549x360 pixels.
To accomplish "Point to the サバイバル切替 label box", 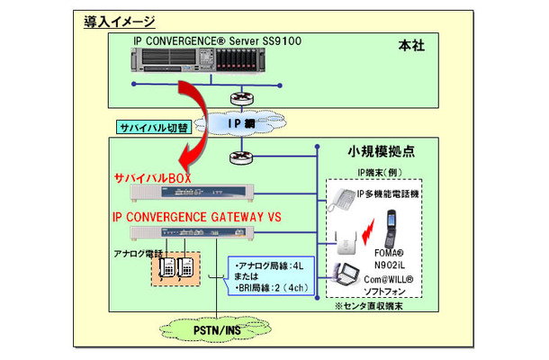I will tap(152, 124).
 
